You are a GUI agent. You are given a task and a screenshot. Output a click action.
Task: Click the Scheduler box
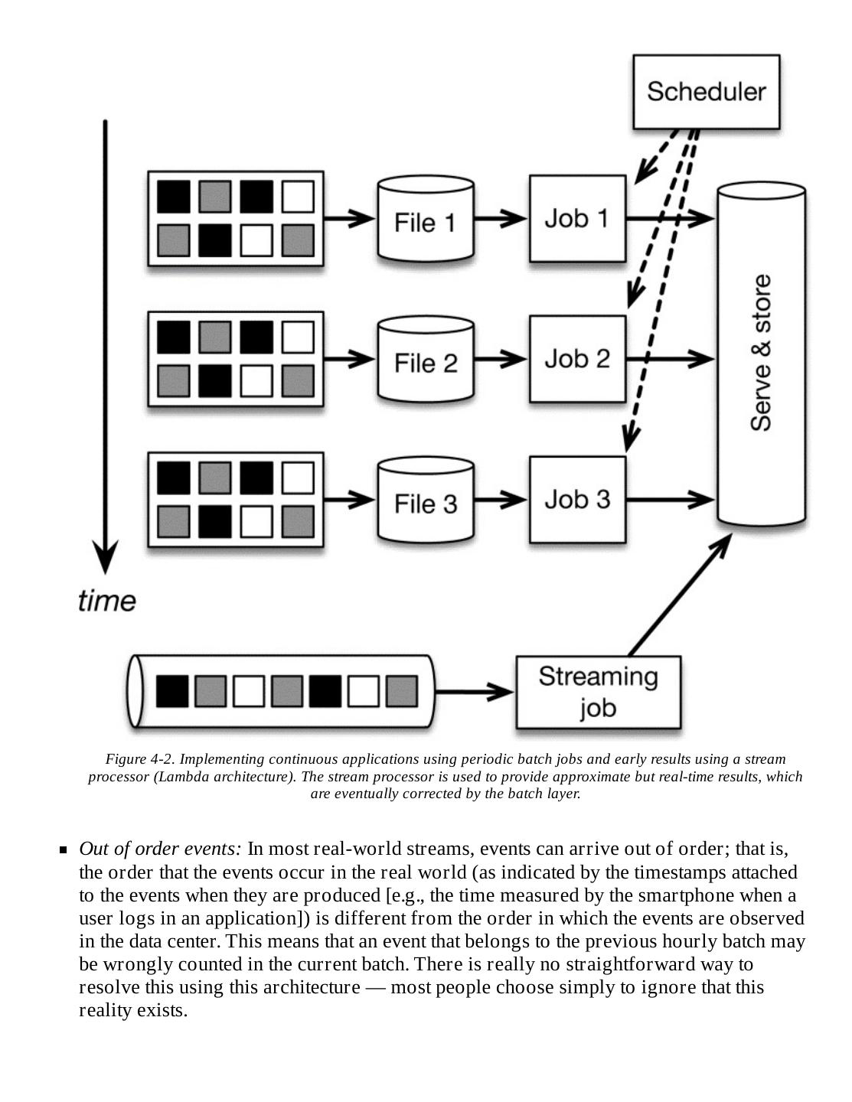pyautogui.click(x=706, y=91)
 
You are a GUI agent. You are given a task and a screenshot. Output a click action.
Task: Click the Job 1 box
pyautogui.click(x=577, y=219)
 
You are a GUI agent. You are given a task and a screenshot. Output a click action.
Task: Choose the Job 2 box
pyautogui.click(x=577, y=359)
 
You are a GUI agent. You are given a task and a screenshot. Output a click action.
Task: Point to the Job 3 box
pyautogui.click(x=577, y=499)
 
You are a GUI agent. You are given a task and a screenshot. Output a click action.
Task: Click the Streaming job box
pyautogui.click(x=598, y=692)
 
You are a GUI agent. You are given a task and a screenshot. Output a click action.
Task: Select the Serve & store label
pyautogui.click(x=761, y=354)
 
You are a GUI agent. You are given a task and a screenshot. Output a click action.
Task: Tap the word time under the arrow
pyautogui.click(x=107, y=601)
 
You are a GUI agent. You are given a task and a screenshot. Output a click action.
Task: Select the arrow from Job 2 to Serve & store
pyautogui.click(x=670, y=358)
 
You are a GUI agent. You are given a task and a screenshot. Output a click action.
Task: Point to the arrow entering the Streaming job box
pyautogui.click(x=475, y=692)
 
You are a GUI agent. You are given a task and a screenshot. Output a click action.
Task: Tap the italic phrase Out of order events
pyautogui.click(x=160, y=849)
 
